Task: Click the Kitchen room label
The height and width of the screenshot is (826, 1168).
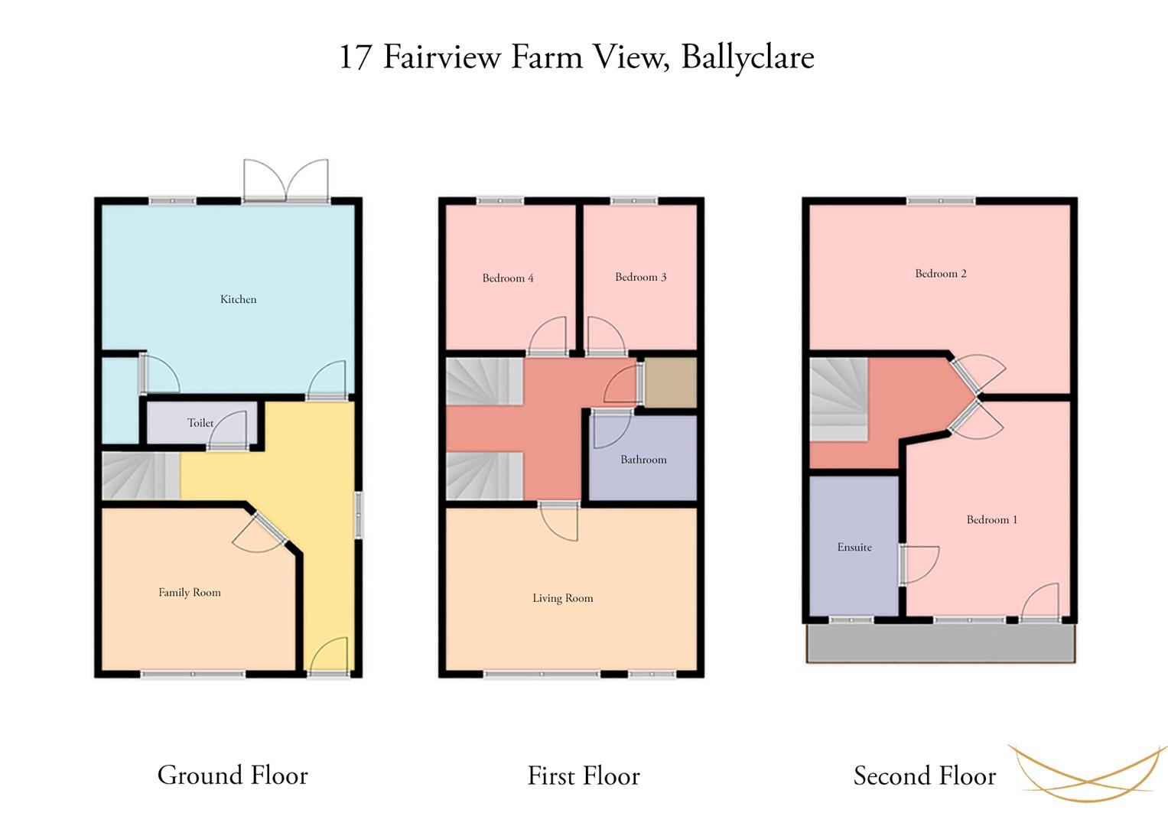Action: point(239,299)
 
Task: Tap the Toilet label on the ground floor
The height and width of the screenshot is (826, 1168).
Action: point(200,423)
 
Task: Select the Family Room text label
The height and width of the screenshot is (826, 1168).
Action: point(190,593)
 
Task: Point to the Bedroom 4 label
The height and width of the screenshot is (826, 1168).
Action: point(508,278)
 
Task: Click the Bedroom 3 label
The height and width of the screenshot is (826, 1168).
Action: point(641,277)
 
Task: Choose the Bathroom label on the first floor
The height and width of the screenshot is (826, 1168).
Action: point(643,460)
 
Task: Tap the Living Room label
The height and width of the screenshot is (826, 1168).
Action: point(563,598)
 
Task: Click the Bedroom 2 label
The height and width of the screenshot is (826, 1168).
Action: point(941,274)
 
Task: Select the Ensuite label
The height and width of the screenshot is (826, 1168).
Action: point(854,547)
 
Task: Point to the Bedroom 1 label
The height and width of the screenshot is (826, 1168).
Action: point(992,519)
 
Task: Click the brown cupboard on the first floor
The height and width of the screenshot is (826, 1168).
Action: point(671,382)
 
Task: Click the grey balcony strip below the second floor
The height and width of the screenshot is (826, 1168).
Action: point(941,643)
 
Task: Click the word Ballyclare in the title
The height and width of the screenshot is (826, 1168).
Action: point(748,57)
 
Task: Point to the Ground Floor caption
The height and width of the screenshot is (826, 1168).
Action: point(233,776)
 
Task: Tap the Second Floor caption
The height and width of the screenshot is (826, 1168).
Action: point(925,776)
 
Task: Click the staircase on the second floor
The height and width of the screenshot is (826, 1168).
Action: point(838,399)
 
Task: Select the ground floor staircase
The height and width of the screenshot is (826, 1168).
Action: point(142,476)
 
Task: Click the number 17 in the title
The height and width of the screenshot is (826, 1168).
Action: point(355,57)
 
